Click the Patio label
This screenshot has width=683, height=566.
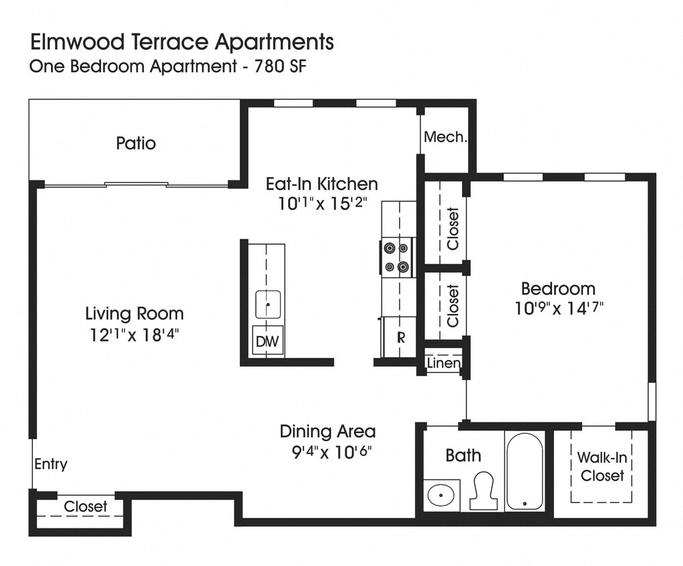[x=136, y=143]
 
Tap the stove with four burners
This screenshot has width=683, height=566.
[x=396, y=258]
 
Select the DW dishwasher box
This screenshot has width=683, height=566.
[x=267, y=341]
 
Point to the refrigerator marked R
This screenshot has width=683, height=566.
[x=401, y=338]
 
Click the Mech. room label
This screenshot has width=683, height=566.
[x=445, y=137]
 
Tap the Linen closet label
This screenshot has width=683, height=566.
[x=444, y=363]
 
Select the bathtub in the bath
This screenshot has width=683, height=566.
[x=525, y=471]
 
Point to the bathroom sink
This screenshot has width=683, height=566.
[x=441, y=495]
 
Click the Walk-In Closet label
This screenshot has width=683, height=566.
[x=602, y=467]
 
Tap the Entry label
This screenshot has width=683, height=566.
[x=51, y=464]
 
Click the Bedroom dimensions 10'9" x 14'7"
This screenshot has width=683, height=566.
[x=558, y=308]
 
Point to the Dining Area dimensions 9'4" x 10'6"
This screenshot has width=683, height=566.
[x=327, y=451]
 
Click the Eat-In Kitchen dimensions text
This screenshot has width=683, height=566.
[x=322, y=203]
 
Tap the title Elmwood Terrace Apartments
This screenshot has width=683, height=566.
[x=182, y=42]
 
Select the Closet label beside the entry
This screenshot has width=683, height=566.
[x=85, y=506]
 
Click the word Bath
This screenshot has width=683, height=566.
[x=463, y=455]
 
